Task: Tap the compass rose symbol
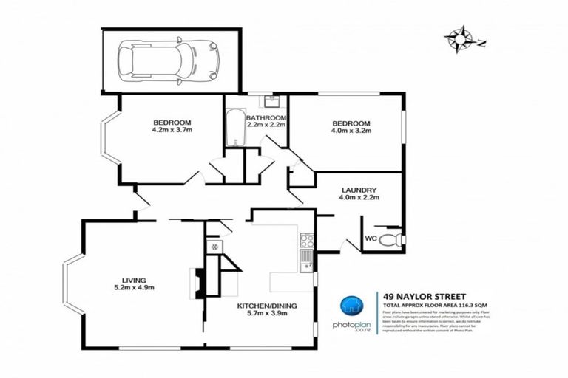click(463, 38)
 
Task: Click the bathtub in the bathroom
click(234, 127)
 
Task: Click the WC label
click(371, 238)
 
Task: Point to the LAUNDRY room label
click(359, 189)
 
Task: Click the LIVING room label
click(133, 279)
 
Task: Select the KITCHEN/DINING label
click(263, 306)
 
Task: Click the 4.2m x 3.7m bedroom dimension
click(172, 130)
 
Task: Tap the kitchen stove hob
click(306, 239)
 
